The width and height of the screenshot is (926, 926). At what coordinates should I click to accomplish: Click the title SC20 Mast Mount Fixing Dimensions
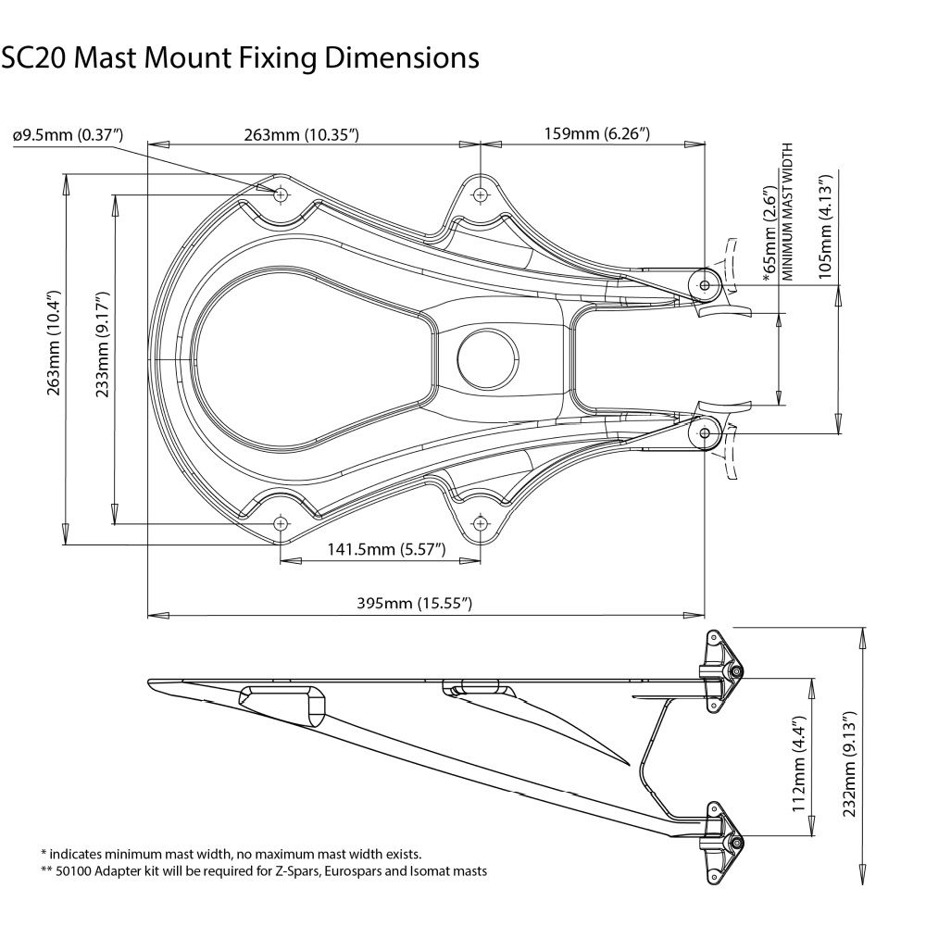pyautogui.click(x=240, y=58)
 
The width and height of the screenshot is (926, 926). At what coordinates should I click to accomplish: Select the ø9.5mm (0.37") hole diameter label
pyautogui.click(x=69, y=135)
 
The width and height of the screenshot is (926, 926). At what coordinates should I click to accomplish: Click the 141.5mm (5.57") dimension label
pyautogui.click(x=386, y=550)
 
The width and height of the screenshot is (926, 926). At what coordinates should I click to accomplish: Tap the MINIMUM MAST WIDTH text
pyautogui.click(x=789, y=213)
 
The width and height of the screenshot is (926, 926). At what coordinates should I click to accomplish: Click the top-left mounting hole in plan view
pyautogui.click(x=281, y=194)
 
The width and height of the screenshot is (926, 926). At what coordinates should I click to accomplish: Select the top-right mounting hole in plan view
pyautogui.click(x=480, y=194)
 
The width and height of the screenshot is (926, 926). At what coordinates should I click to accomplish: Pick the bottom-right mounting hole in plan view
pyautogui.click(x=480, y=524)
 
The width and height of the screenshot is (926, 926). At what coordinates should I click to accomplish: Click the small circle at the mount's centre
pyautogui.click(x=488, y=357)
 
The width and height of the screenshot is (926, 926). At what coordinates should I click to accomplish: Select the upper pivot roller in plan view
pyautogui.click(x=707, y=284)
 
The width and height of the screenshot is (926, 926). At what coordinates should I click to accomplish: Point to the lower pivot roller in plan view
pyautogui.click(x=707, y=432)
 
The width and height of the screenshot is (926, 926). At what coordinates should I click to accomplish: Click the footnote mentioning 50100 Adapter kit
pyautogui.click(x=264, y=871)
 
